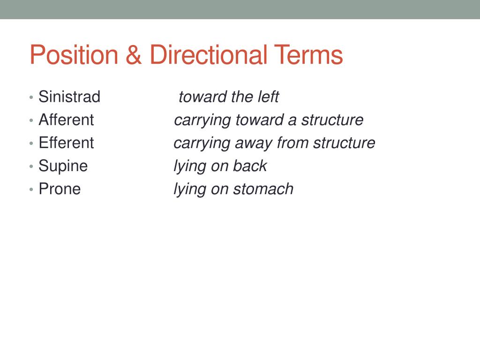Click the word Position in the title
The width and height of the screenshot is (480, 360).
tap(74, 55)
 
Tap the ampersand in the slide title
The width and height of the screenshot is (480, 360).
tap(134, 55)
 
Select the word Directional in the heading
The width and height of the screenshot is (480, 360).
tap(208, 55)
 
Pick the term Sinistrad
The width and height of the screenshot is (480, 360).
tap(69, 97)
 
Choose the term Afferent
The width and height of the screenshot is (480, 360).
tap(66, 120)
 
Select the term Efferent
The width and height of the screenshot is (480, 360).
tap(66, 143)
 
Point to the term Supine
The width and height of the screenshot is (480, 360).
tap(63, 166)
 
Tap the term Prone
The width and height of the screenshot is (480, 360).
tap(60, 189)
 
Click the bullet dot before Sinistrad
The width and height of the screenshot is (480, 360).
tap(31, 97)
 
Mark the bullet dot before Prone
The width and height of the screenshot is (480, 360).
tap(31, 189)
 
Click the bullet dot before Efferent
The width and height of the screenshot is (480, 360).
tap(31, 143)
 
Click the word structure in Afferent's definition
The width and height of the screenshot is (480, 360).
tap(332, 120)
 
